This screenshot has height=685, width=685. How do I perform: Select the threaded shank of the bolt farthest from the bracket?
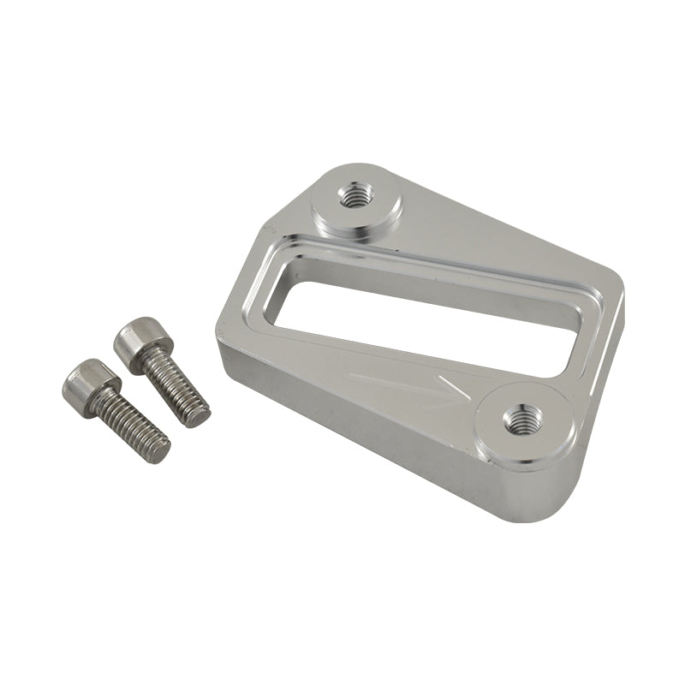131,425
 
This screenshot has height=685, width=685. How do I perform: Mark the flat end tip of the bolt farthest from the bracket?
159,451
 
